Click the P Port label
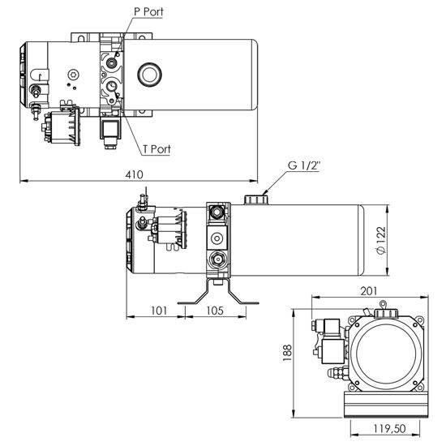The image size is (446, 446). coord(148,12)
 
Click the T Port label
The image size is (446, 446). coord(157,149)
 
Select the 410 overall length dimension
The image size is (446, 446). coord(135,174)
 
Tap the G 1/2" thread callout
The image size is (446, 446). coord(304,165)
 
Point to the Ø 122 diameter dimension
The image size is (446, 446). coord(380,240)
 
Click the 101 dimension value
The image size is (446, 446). coord(159,311)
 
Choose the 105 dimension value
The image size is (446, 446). coord(215,311)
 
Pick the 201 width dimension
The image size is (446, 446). coord(369,291)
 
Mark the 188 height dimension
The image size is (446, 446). coord(287,353)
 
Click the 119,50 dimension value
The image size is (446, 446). coord(389,429)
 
